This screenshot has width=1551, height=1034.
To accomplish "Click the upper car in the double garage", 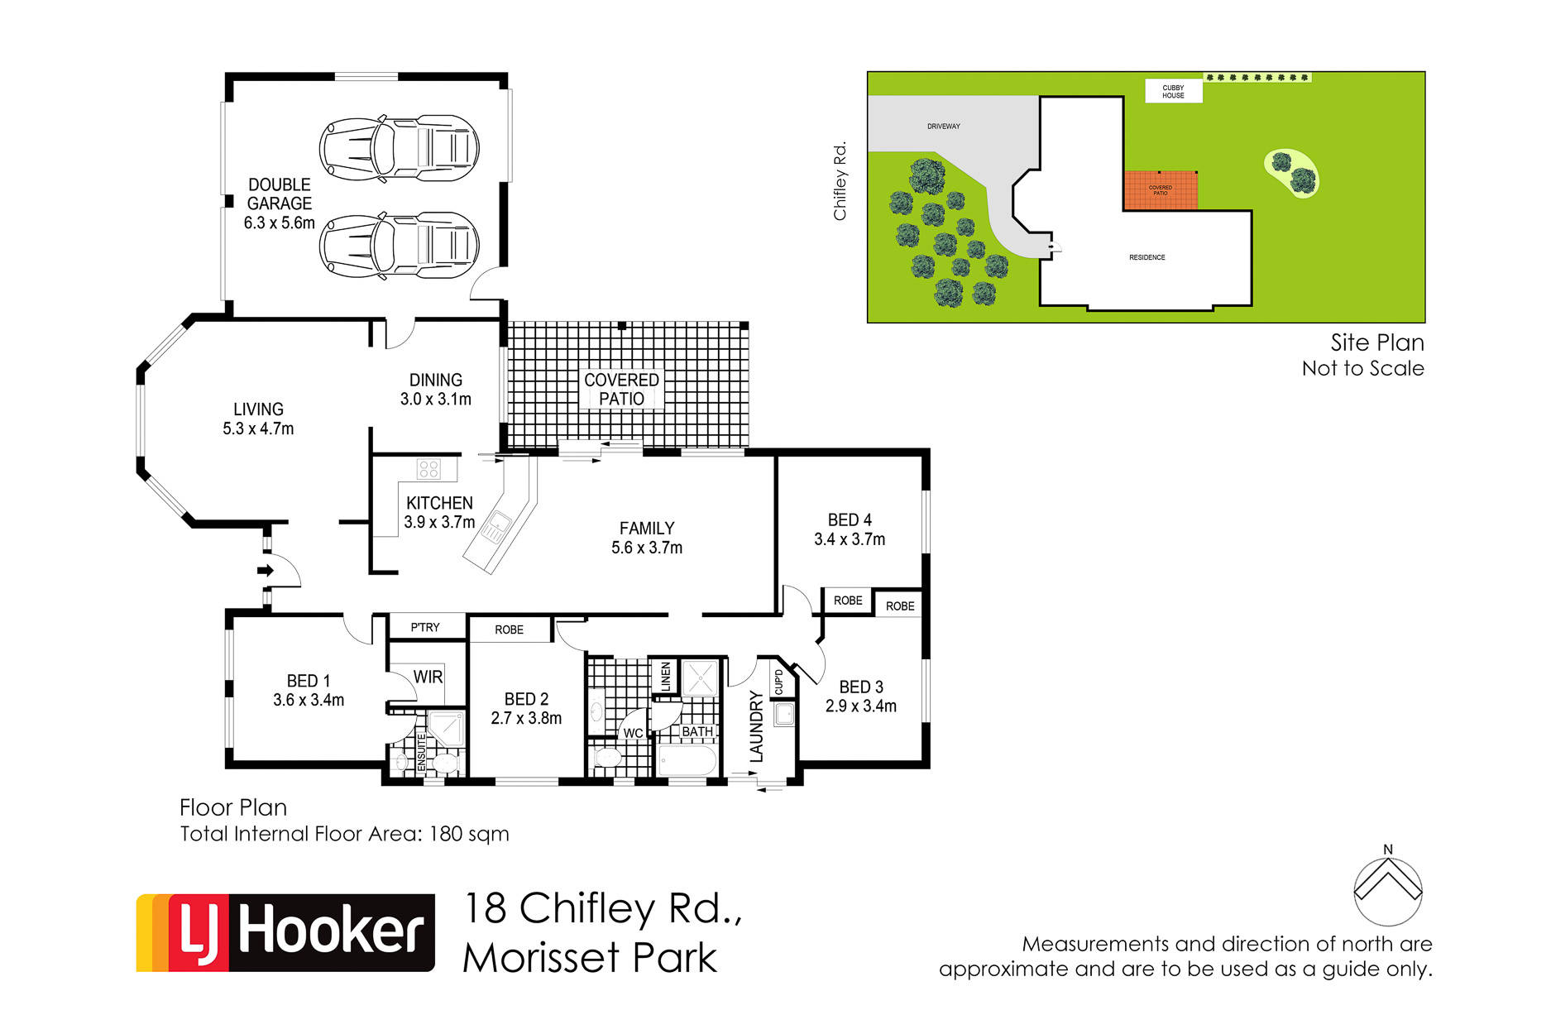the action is [400, 148].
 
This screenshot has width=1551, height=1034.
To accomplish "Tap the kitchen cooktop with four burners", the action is [428, 469].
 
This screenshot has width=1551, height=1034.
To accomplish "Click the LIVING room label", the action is [258, 409].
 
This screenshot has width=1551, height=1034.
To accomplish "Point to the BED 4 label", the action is [850, 519].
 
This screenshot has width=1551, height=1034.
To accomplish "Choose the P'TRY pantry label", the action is [425, 627].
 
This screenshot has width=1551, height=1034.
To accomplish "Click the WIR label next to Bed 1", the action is [428, 677].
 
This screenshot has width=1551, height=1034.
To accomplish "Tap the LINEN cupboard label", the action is [666, 677].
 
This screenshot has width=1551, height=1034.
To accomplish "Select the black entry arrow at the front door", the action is [266, 570].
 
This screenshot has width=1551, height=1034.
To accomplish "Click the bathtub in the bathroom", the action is [687, 760].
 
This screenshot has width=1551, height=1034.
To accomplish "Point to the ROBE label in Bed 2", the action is [509, 629].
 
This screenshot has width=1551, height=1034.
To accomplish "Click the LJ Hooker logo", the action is [285, 932].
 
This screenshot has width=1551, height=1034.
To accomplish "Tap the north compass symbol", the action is [1388, 888].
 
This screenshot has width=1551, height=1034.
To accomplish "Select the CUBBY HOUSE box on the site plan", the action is [1173, 91].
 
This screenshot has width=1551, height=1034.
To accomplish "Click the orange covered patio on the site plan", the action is [1161, 190].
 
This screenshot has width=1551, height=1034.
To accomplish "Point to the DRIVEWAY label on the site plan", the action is [944, 127].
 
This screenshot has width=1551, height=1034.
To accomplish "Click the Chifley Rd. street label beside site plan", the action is [840, 181].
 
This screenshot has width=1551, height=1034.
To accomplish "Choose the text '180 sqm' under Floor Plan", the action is [469, 834].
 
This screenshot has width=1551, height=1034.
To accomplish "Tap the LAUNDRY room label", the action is [756, 725].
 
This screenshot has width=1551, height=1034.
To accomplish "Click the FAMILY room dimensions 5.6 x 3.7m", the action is [647, 548].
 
